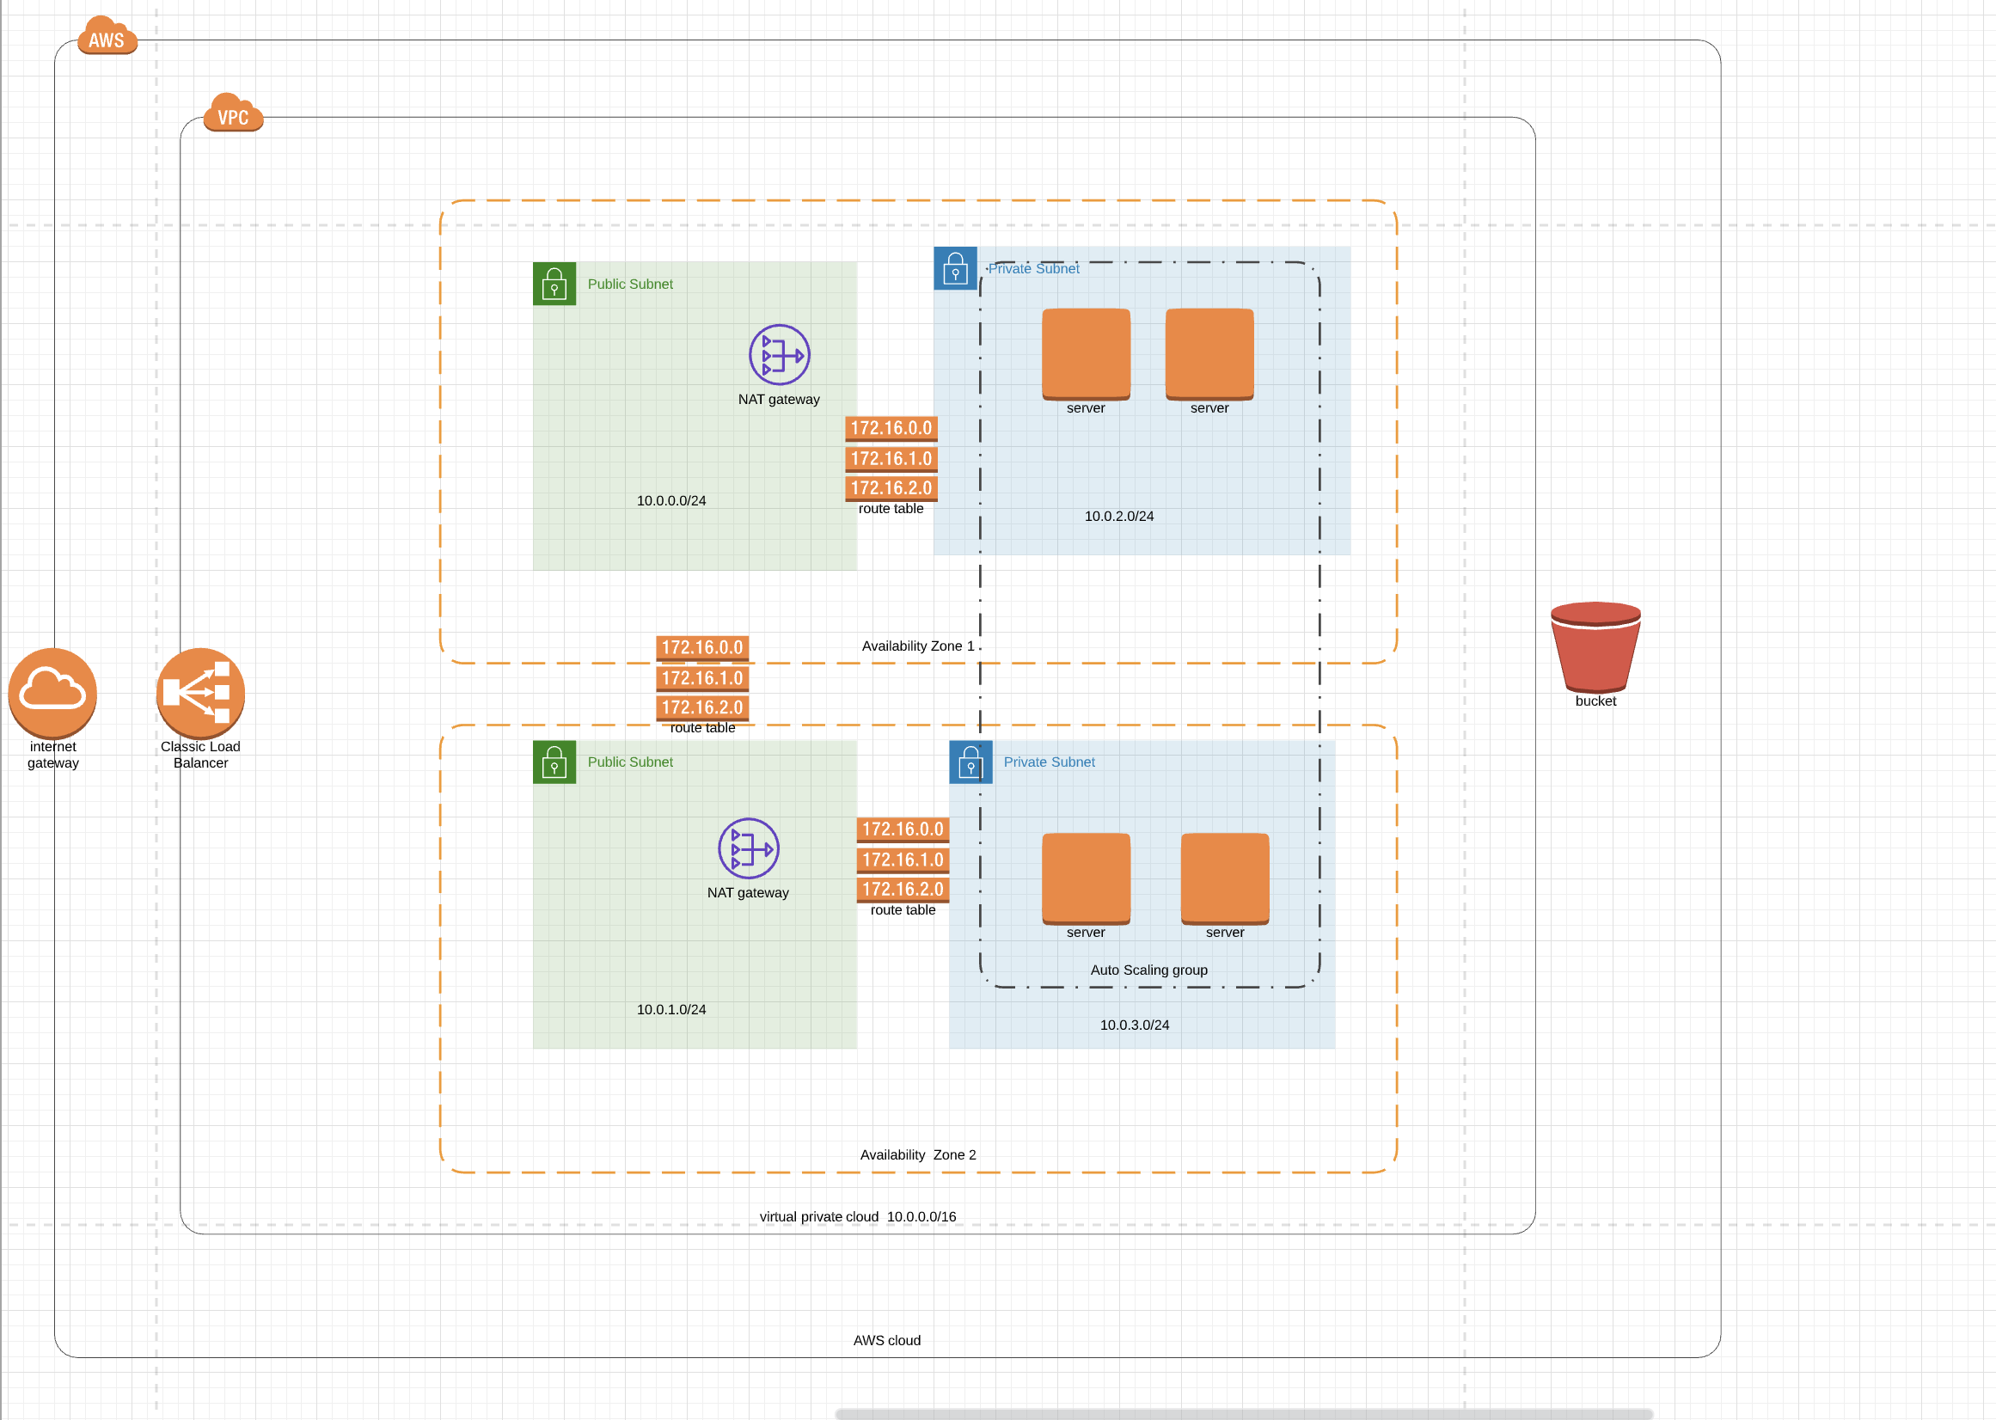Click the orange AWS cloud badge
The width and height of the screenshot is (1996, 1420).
pos(107,36)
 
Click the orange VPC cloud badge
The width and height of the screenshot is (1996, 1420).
pos(233,113)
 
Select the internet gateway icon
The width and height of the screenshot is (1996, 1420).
pos(52,692)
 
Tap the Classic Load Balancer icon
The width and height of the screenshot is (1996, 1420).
pos(200,692)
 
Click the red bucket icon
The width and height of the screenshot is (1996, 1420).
pos(1595,648)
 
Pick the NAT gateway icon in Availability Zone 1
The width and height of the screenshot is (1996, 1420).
pos(779,354)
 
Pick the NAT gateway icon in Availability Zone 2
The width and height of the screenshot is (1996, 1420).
pos(749,848)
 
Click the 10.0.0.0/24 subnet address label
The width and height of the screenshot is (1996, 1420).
pos(670,501)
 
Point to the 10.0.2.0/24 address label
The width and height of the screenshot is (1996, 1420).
pos(1118,517)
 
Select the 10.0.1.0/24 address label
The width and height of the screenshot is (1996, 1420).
pos(670,1009)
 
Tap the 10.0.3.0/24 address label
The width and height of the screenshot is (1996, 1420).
pos(1134,1025)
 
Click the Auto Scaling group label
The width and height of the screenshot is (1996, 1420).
pos(1148,970)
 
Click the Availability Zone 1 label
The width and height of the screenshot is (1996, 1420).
pos(917,646)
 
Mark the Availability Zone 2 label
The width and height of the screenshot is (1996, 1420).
pos(917,1155)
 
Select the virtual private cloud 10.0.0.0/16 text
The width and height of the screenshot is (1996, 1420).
pos(857,1216)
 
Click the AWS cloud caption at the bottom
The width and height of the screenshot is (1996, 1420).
pos(886,1340)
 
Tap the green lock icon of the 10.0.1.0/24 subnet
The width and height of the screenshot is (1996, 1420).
pos(554,762)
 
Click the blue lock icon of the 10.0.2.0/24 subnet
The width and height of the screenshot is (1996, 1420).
pos(955,268)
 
